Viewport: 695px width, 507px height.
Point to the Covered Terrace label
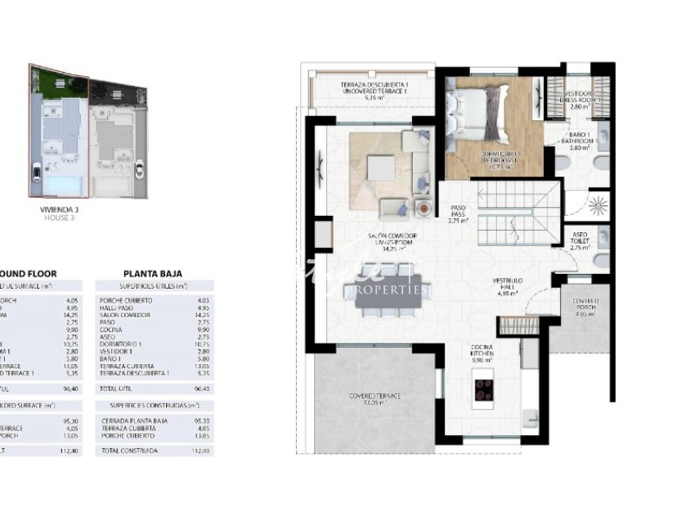pos(375,398)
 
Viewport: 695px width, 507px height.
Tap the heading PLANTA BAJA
pos(152,274)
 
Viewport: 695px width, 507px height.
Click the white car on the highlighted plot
pos(38,173)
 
